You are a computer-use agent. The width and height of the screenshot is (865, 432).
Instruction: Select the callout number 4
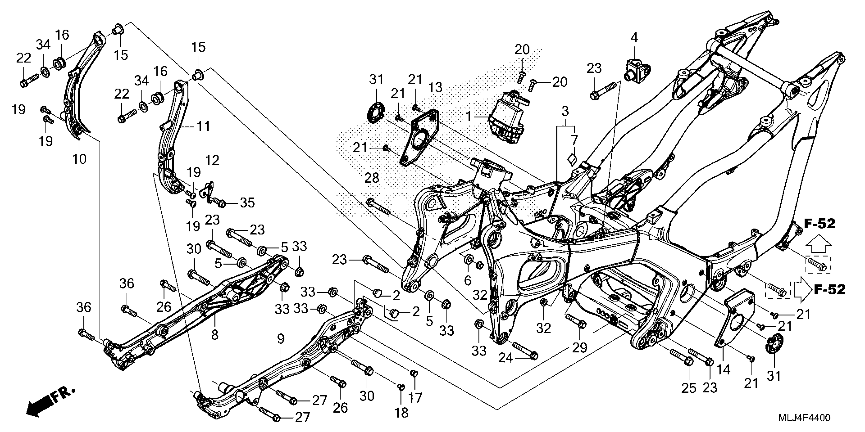click(x=634, y=37)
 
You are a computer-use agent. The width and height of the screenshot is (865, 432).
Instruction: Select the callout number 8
click(x=214, y=334)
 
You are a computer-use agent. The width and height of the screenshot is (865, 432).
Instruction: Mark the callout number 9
click(x=281, y=339)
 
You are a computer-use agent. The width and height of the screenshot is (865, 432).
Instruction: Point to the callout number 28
click(x=372, y=178)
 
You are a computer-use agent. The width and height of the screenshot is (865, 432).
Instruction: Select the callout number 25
click(x=689, y=388)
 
